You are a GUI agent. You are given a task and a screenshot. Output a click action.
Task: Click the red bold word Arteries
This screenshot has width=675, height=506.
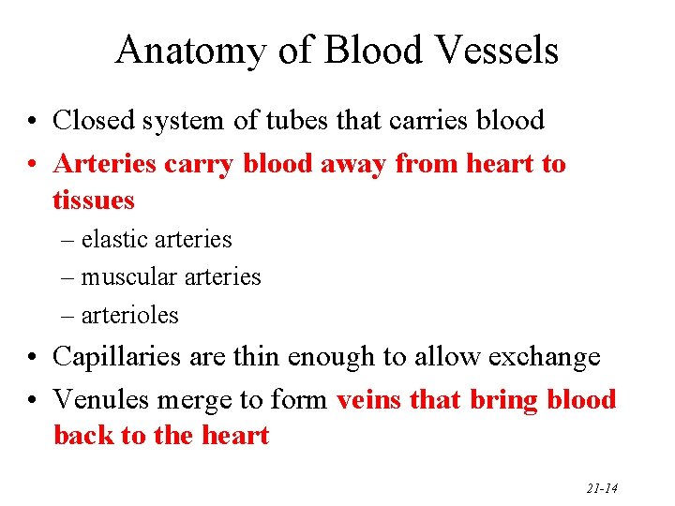coord(106,164)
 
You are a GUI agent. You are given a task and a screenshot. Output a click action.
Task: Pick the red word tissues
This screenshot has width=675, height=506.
coord(94,200)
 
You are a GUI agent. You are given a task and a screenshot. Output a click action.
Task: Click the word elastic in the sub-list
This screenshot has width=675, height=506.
coord(114,240)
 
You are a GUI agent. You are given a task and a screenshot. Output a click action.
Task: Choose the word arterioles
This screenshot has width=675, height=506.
coord(129,316)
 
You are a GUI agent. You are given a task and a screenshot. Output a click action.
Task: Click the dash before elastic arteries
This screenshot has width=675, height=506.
coord(67,241)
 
